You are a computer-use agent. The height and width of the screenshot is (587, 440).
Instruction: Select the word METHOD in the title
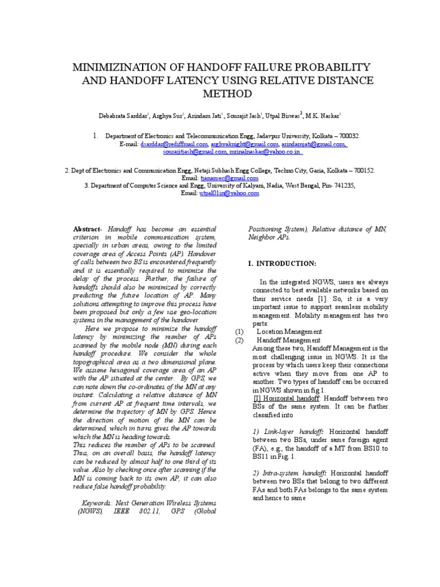(x=228, y=93)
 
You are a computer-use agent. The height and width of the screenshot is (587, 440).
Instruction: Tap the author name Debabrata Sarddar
(x=123, y=116)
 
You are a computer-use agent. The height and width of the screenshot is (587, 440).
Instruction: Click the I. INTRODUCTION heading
(x=281, y=263)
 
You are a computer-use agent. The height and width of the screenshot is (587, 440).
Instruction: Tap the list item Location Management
(x=289, y=331)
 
